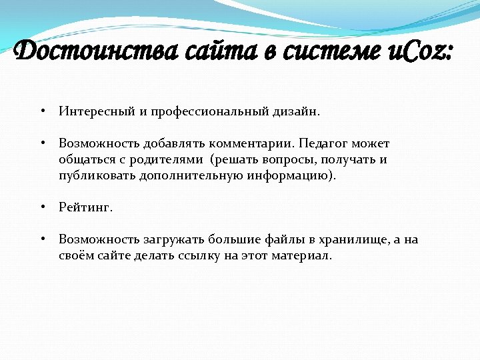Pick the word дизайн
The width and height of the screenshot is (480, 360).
coord(296,111)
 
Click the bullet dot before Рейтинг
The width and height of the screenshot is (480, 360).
coord(42,207)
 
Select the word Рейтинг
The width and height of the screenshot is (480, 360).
coord(86,207)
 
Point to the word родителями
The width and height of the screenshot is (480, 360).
coord(164,160)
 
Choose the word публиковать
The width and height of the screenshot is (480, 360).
coord(97,176)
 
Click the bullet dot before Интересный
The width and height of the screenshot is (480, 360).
coord(42,111)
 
